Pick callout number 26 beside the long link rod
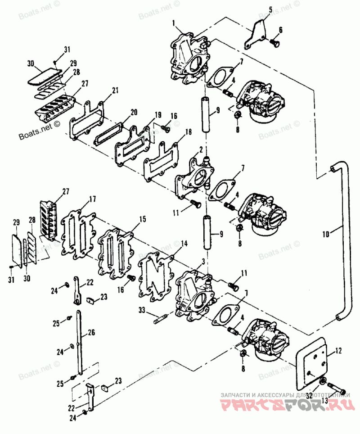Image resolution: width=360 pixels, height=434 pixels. click(x=91, y=333)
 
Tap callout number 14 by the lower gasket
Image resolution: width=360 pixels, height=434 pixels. click(x=184, y=244)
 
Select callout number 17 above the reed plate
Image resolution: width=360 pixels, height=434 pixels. click(x=92, y=199)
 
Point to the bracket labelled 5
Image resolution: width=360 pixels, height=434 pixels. click(x=255, y=36)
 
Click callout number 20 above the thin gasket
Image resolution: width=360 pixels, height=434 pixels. click(x=134, y=111)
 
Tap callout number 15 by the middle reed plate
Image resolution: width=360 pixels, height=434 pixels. click(x=142, y=219)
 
